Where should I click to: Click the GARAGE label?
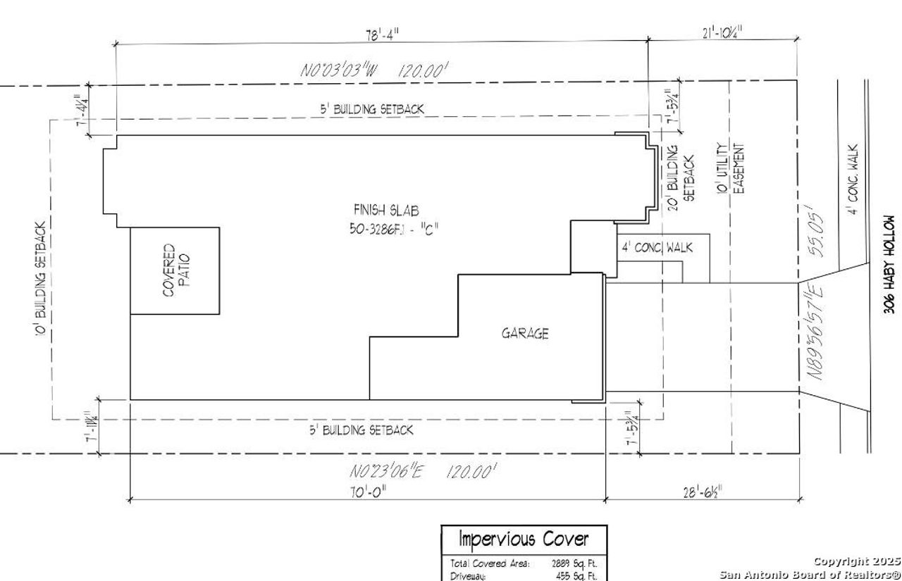(524, 334)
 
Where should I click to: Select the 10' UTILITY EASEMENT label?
(730, 169)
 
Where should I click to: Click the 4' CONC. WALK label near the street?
(853, 180)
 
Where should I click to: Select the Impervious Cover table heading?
(523, 539)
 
